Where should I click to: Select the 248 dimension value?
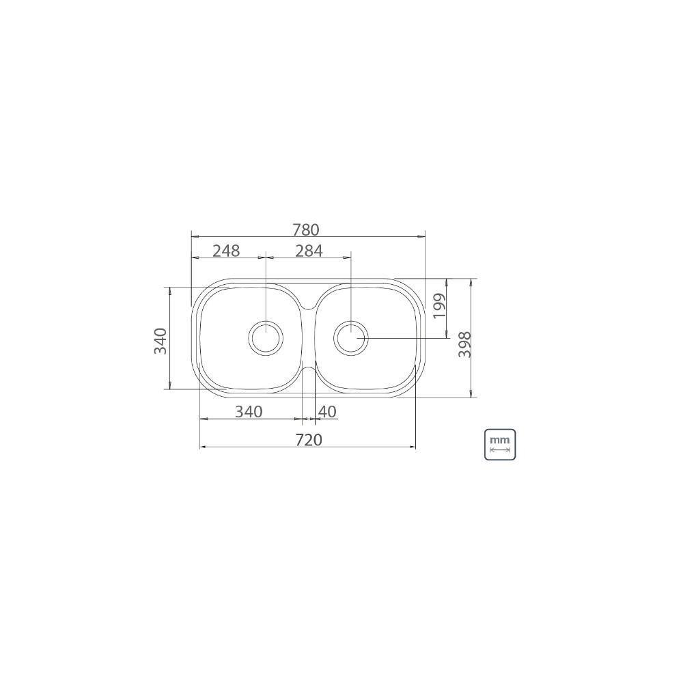[x=227, y=251]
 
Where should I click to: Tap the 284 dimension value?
[x=309, y=251]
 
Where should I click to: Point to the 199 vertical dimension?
[x=440, y=306]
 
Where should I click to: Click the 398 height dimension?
[x=465, y=344]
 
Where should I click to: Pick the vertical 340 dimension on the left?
[x=161, y=341]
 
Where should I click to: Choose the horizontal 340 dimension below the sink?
[x=249, y=412]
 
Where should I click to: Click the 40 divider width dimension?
[x=328, y=412]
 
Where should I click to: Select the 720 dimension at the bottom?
[x=309, y=440]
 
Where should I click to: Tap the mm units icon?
[x=500, y=445]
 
